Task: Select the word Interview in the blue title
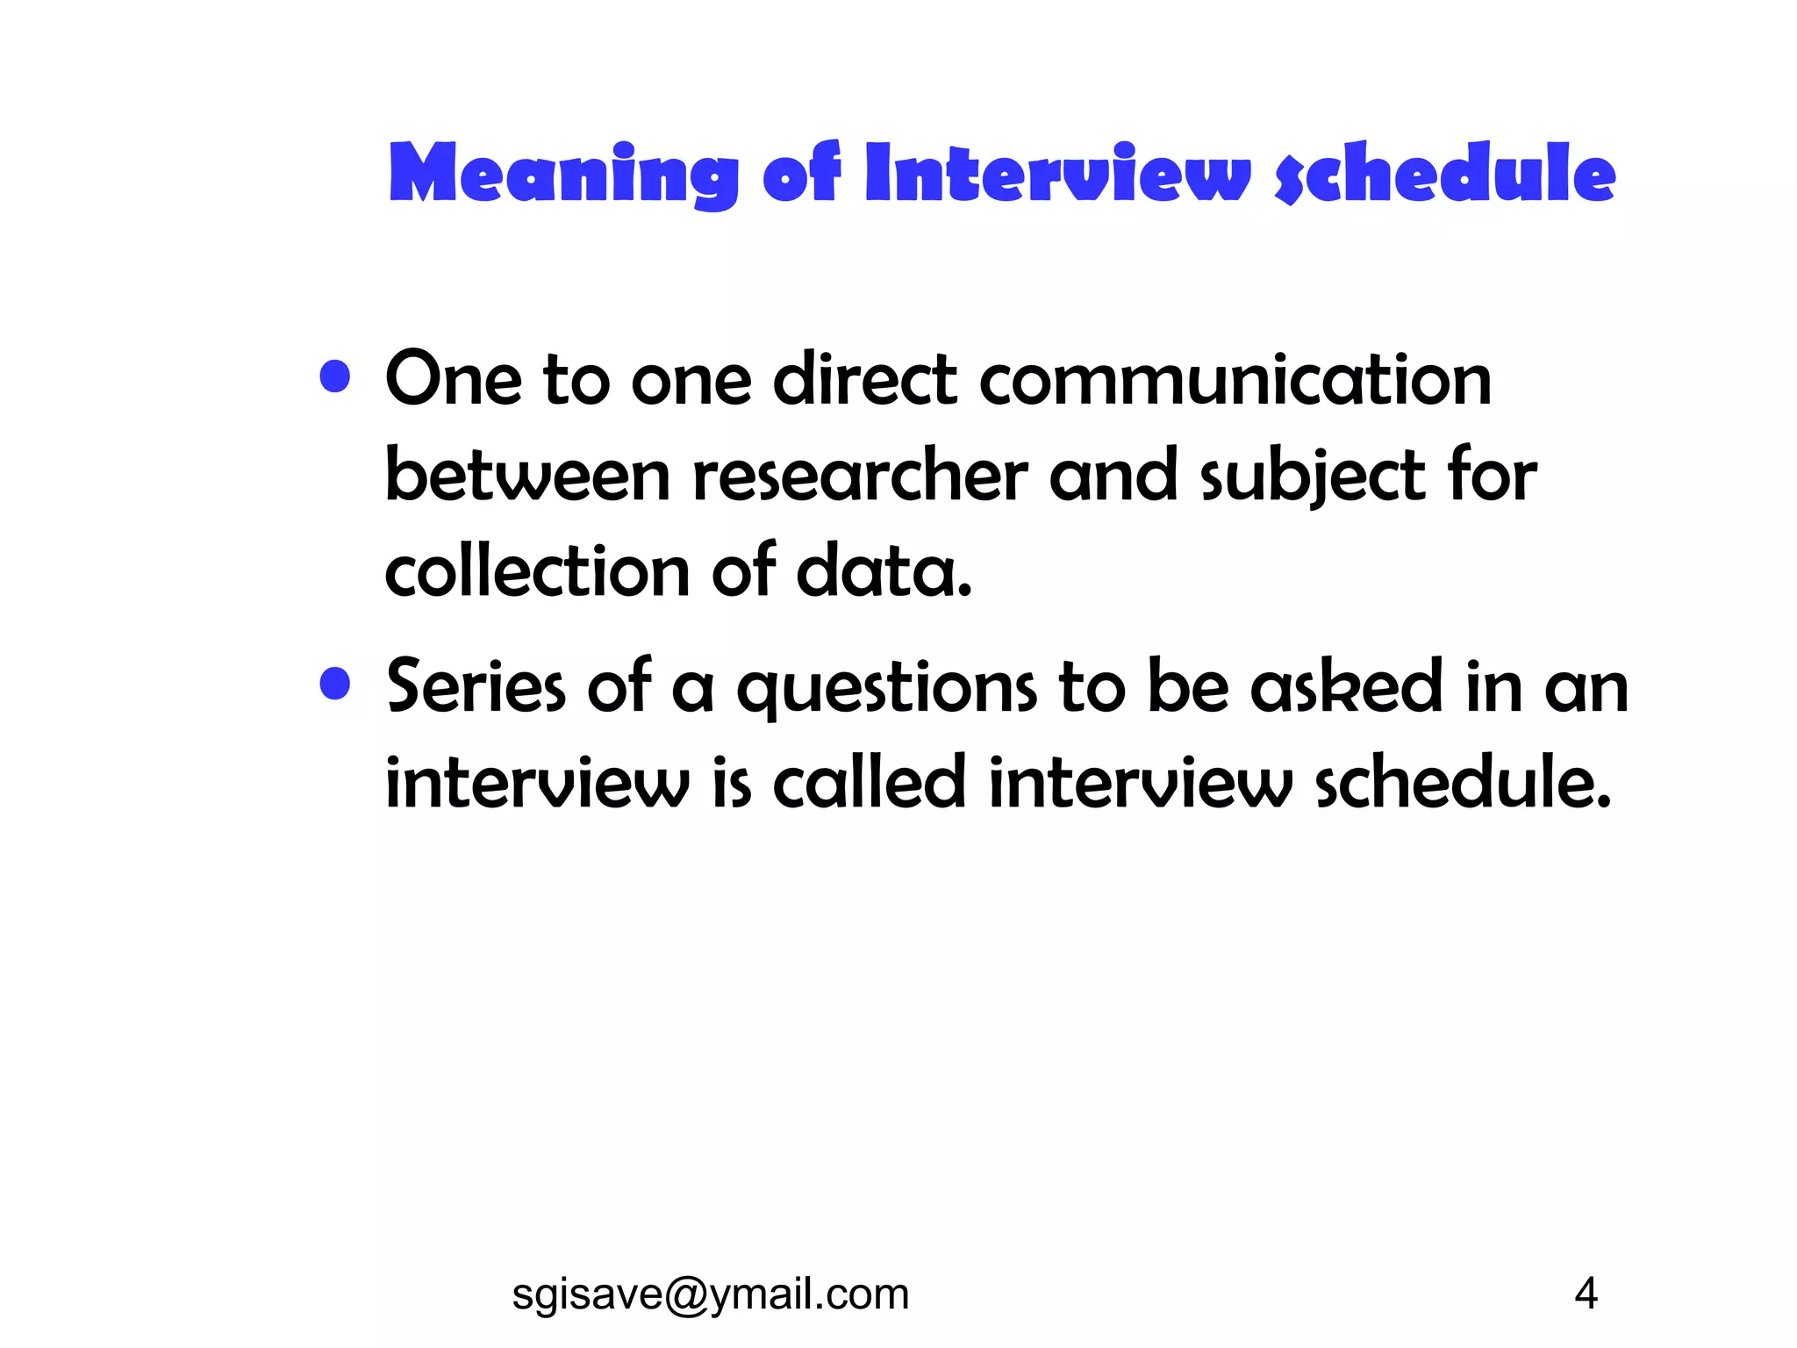(1056, 174)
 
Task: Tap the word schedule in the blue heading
(1444, 174)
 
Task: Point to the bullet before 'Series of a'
(335, 684)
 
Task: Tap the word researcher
(860, 477)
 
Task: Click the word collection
(537, 572)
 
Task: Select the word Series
(476, 687)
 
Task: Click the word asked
(1347, 687)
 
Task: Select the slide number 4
(1586, 1294)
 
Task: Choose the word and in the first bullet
(1113, 477)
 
